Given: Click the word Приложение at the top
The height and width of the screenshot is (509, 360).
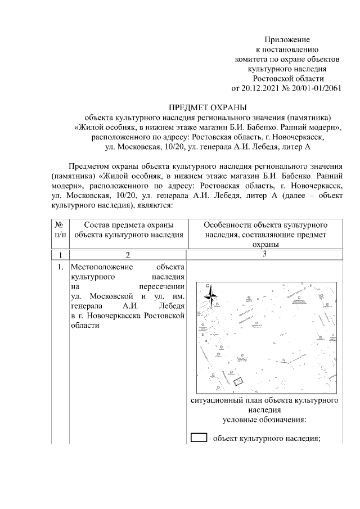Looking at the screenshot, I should pyautogui.click(x=287, y=39).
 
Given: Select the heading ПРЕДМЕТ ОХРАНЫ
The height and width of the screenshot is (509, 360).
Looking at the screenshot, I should pyautogui.click(x=208, y=107).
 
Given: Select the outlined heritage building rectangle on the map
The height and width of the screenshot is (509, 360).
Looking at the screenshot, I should pyautogui.click(x=238, y=381).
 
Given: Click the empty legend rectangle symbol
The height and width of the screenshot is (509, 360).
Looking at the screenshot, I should pyautogui.click(x=199, y=438).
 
